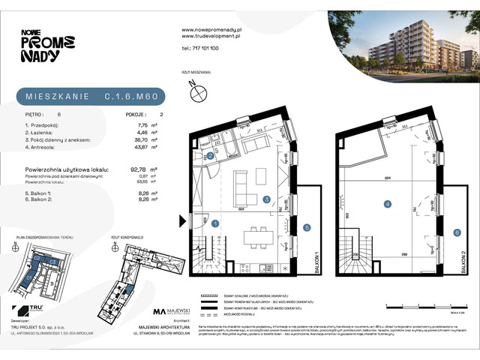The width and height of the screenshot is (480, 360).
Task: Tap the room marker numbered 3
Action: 266,199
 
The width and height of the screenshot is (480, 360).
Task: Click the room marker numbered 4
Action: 388,203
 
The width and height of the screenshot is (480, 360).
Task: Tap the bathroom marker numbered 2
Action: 211,156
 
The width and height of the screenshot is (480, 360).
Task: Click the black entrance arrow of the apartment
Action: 182,221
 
